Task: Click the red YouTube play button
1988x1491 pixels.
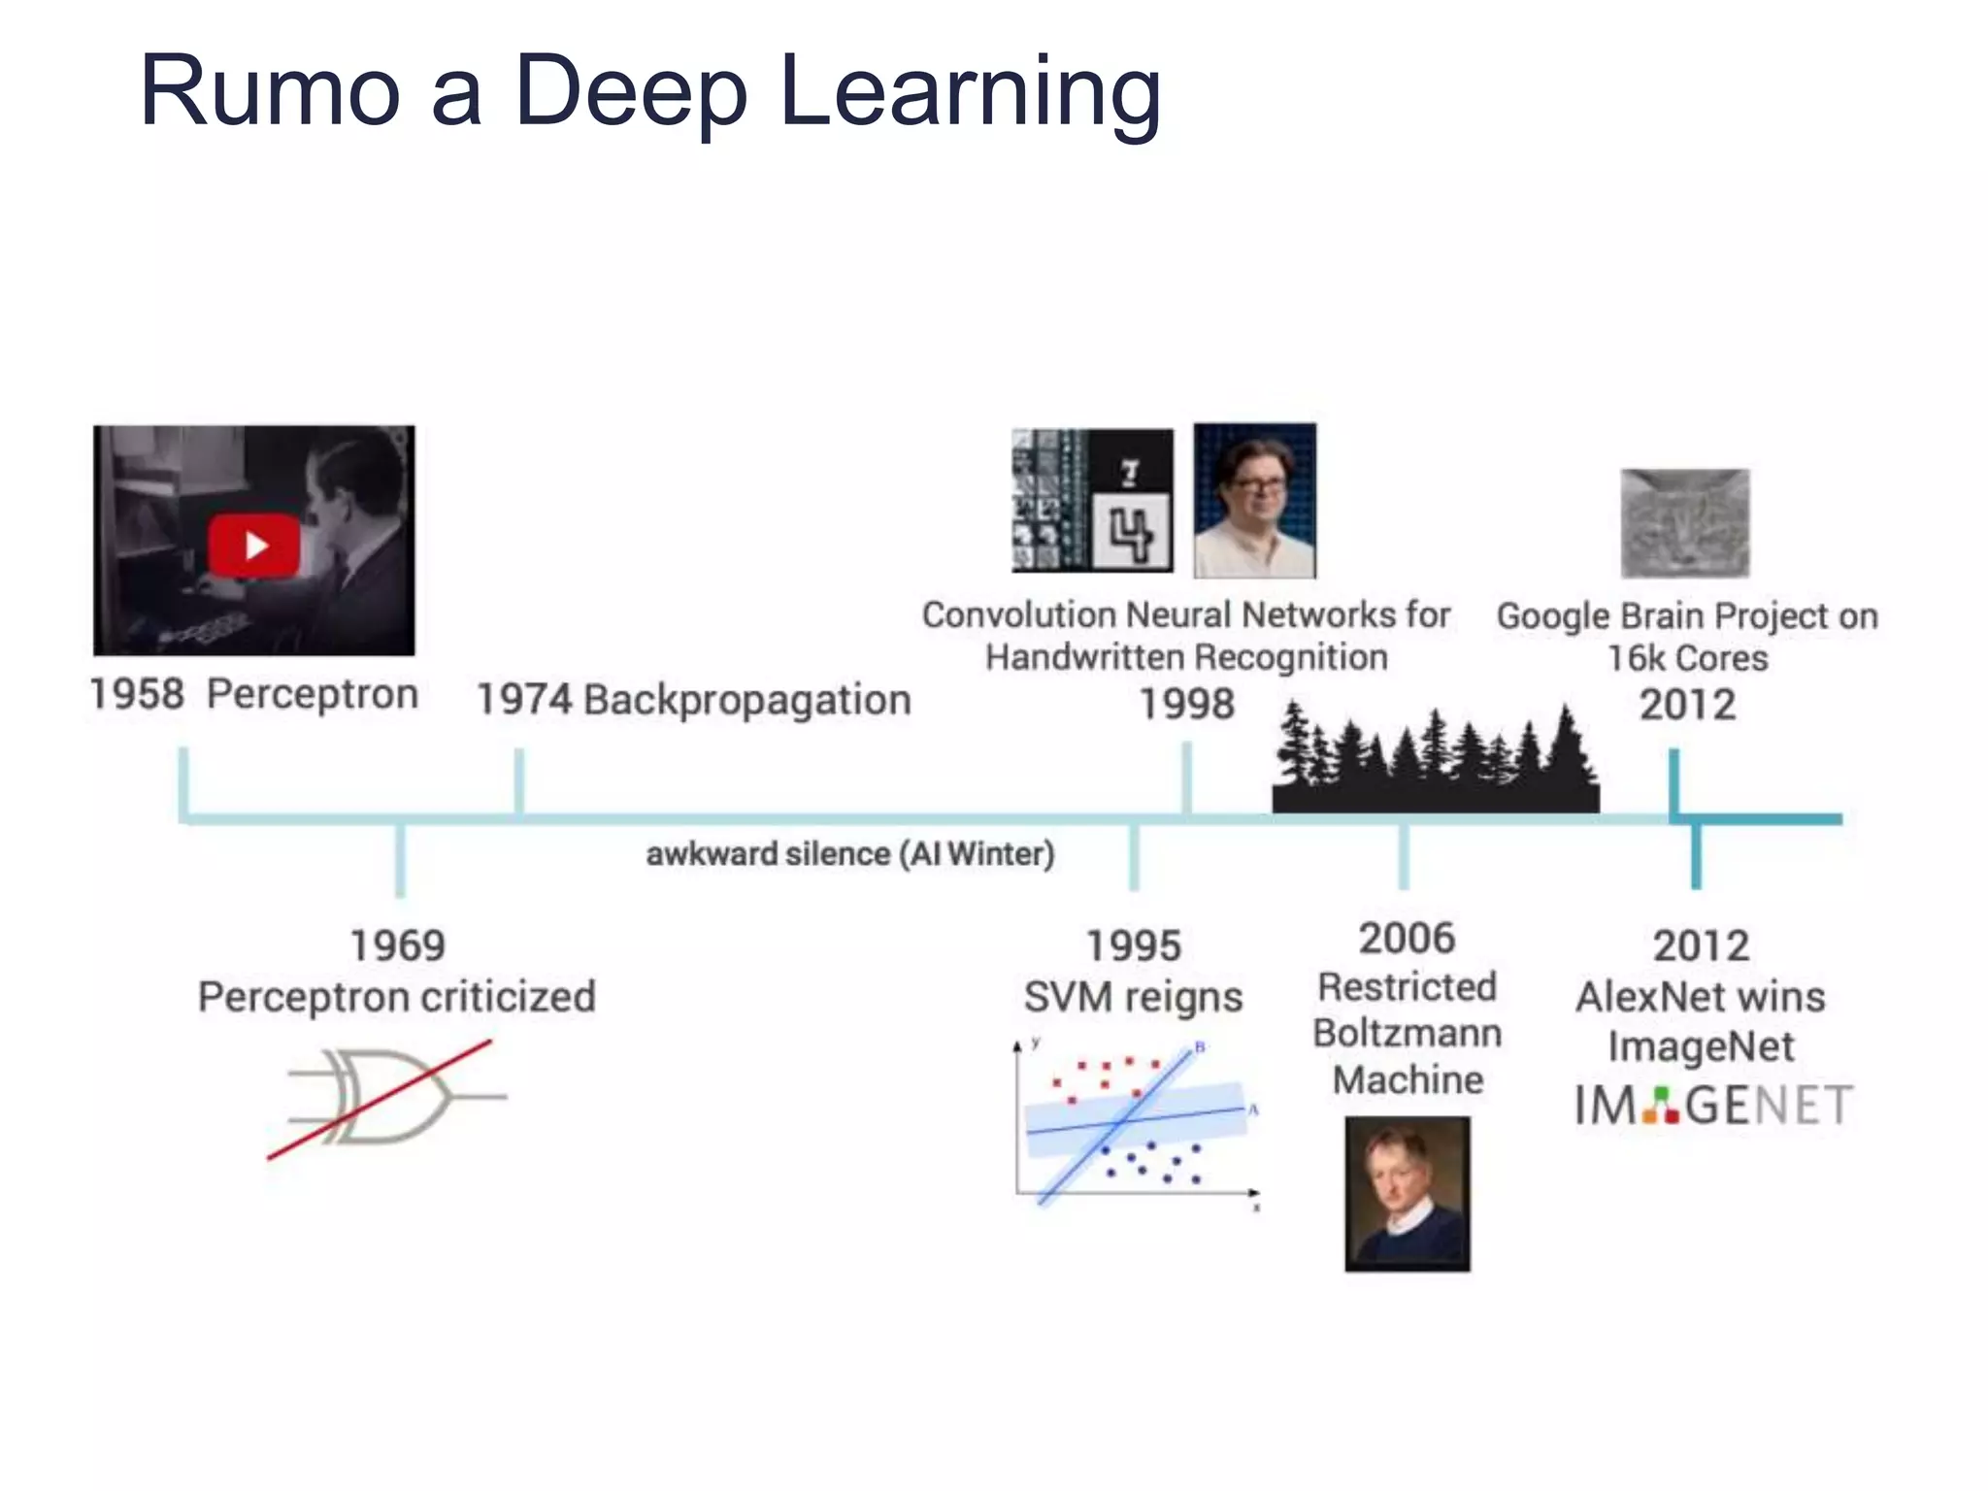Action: coord(253,545)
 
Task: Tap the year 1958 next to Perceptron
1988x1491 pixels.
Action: coord(137,695)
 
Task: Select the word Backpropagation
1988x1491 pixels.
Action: coord(747,701)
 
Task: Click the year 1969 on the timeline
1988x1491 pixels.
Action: coord(397,945)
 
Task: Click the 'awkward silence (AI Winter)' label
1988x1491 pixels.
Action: coord(849,854)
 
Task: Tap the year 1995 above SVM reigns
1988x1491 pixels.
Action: coord(1133,945)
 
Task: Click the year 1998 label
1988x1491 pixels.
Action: coord(1186,704)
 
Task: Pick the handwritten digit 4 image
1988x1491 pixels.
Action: coord(1131,532)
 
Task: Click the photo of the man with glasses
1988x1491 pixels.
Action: coord(1254,501)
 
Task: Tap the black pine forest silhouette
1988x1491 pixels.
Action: coord(1435,762)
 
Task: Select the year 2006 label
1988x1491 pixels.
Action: coord(1407,939)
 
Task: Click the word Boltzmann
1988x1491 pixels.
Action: coord(1407,1033)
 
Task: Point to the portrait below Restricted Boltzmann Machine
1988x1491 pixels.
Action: coord(1407,1193)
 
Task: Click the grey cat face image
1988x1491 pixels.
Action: coord(1685,523)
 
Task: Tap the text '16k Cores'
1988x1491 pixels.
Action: coord(1687,659)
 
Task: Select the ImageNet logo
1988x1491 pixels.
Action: coord(1713,1106)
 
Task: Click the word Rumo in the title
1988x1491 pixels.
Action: coord(270,91)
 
